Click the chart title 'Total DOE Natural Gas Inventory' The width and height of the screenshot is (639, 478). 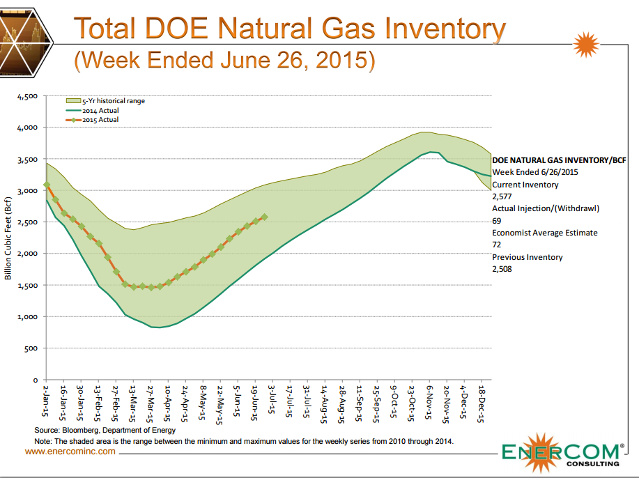tap(289, 29)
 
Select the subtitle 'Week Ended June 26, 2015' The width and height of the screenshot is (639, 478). tap(224, 60)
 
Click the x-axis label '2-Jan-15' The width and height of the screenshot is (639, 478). tap(45, 400)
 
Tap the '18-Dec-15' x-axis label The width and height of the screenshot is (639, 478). tap(481, 403)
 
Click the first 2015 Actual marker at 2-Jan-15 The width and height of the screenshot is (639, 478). tap(47, 185)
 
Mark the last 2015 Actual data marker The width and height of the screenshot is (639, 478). tap(264, 217)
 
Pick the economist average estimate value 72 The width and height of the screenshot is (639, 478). tap(497, 245)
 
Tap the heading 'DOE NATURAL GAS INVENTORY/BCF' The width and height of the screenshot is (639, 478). tap(557, 160)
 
